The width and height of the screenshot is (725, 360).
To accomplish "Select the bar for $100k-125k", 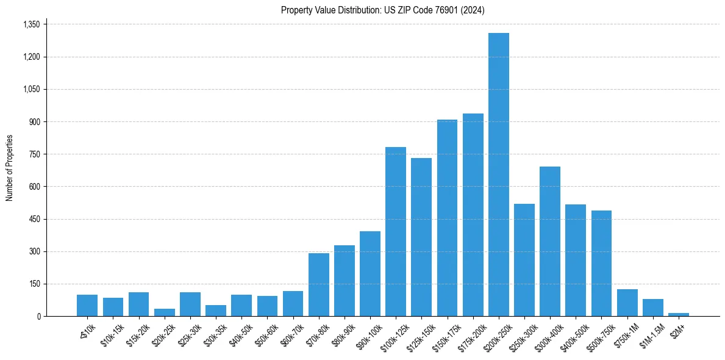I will tap(395, 232).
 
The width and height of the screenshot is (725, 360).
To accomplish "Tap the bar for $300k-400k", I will tap(549, 242).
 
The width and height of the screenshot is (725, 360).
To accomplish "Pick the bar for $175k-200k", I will tap(473, 215).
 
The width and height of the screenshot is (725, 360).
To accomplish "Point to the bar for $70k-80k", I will tap(318, 285).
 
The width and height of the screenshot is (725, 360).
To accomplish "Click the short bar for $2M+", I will tap(678, 315).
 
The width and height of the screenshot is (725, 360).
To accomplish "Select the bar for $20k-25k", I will tap(164, 312).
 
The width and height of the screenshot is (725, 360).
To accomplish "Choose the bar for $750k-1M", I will tap(627, 303).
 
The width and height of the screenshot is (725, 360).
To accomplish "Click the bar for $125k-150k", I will tap(421, 237).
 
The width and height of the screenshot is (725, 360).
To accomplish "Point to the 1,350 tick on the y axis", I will tap(31, 24).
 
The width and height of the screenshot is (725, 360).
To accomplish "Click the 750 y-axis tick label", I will tap(35, 154).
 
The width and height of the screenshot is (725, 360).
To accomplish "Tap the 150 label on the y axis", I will tap(35, 284).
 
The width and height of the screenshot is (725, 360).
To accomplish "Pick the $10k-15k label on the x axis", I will tap(112, 333).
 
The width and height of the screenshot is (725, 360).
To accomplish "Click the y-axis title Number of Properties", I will tap(9, 168).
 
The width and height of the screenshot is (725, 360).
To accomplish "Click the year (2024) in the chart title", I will tap(473, 10).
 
